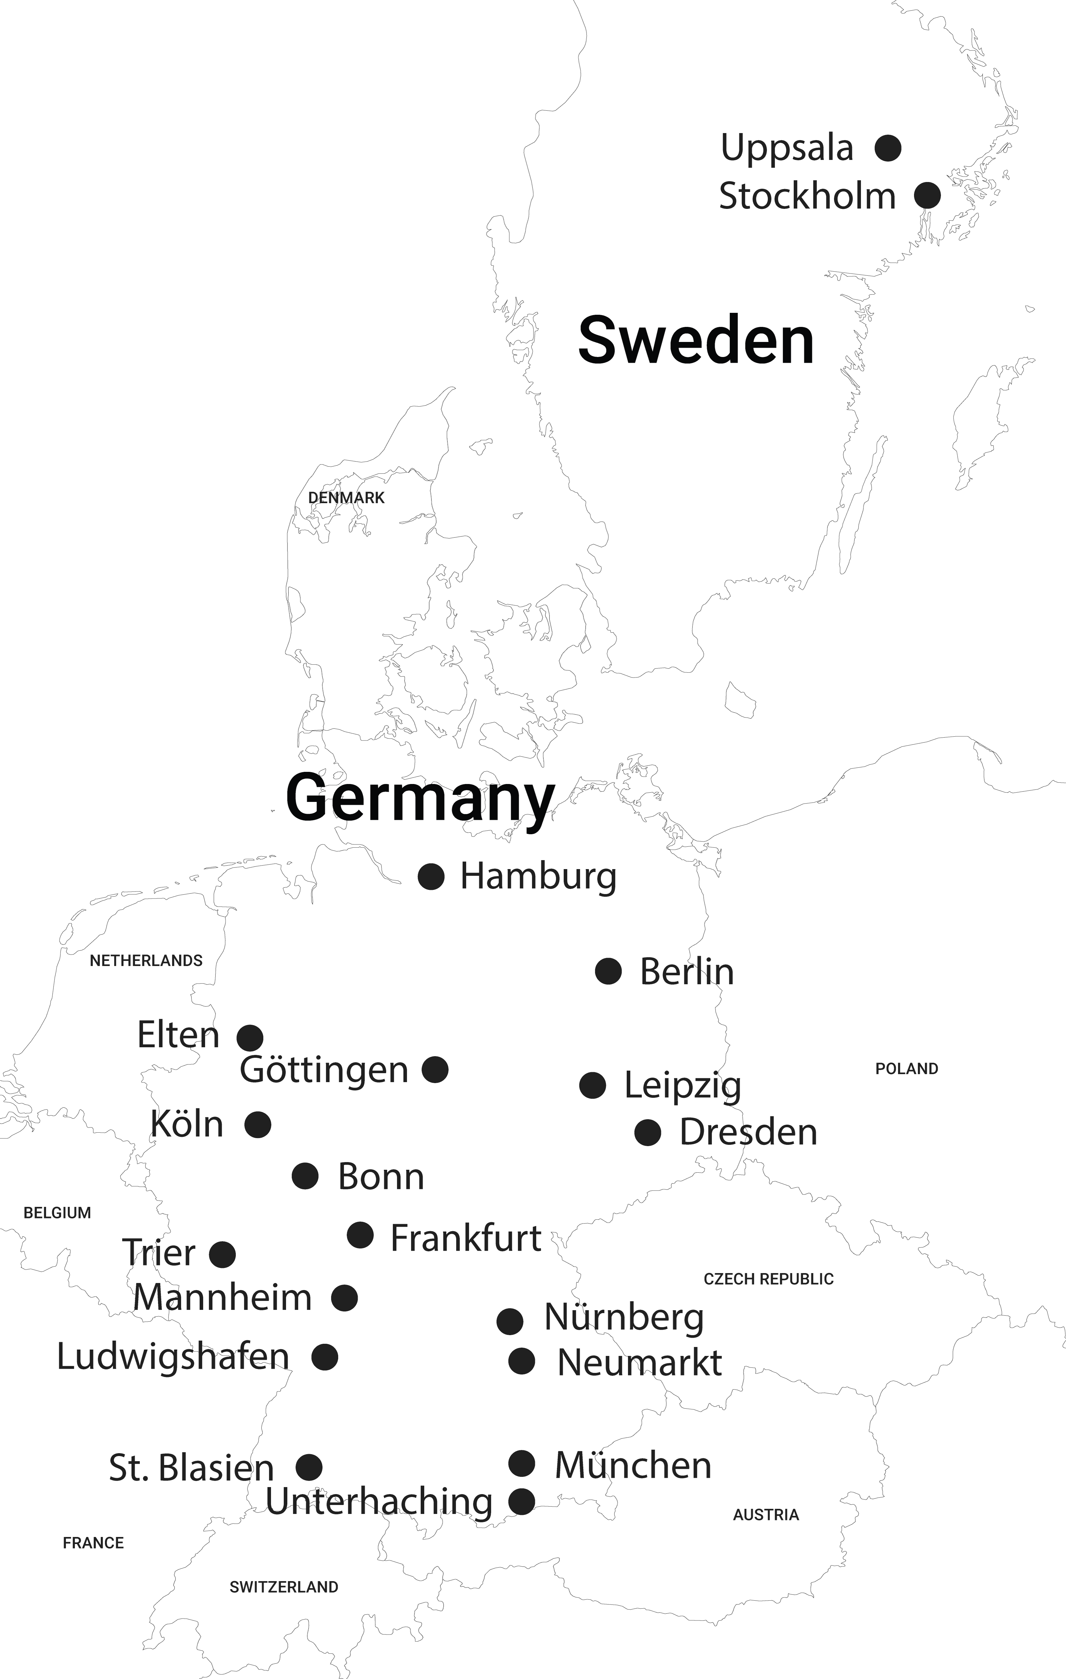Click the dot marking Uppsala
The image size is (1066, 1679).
click(x=888, y=148)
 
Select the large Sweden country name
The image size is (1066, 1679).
click(x=696, y=340)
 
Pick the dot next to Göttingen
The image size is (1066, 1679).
click(x=435, y=1069)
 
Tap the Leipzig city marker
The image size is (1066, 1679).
click(x=593, y=1085)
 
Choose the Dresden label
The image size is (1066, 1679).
click(x=748, y=1132)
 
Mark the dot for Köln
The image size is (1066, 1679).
click(x=258, y=1125)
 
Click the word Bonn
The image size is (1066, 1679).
click(x=381, y=1177)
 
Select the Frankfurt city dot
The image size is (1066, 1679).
click(x=360, y=1235)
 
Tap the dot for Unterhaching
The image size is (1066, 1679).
click(x=522, y=1501)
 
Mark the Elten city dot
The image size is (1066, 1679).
click(x=249, y=1038)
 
